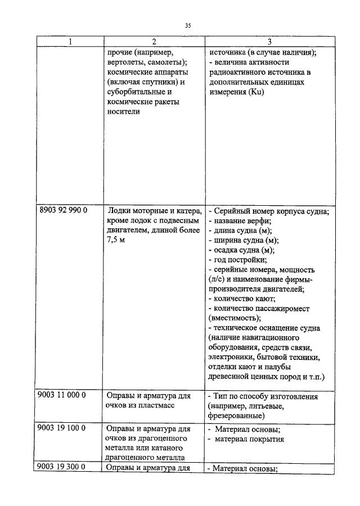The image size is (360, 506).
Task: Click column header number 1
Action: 70,42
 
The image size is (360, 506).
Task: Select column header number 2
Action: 153,42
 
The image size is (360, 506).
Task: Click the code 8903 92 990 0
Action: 64,211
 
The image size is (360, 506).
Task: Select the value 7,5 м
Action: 117,240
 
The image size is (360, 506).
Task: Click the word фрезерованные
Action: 236,415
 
